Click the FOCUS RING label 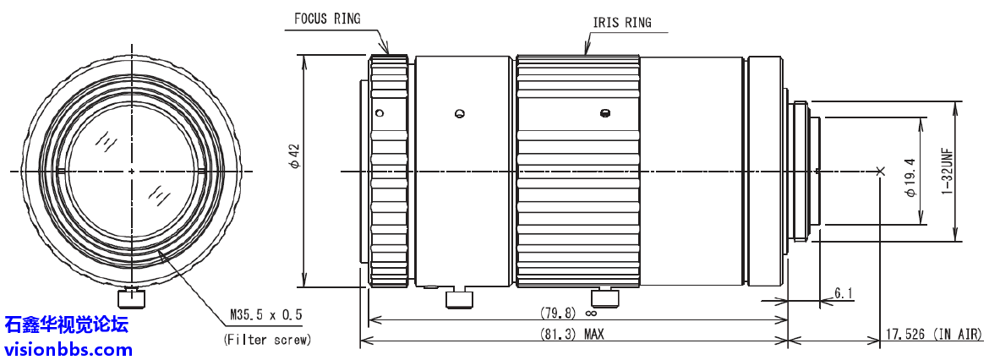(x=327, y=18)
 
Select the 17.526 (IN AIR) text (x=934, y=335)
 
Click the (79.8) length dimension (x=558, y=313)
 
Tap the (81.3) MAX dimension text (x=571, y=334)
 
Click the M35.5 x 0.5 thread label (x=265, y=315)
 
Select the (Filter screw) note (x=267, y=340)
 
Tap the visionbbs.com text (x=68, y=348)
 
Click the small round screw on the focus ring (x=380, y=113)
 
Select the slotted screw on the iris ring (x=604, y=113)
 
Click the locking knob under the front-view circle (x=132, y=297)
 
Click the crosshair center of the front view (x=132, y=172)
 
